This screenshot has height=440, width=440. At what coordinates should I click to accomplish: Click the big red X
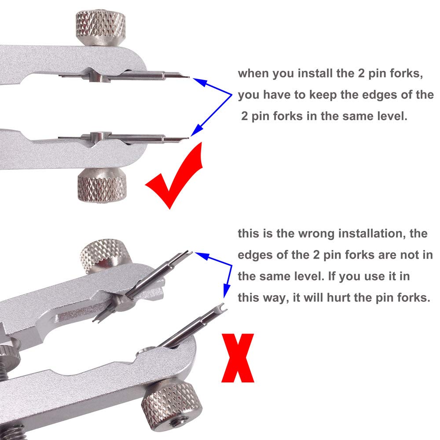(x=238, y=358)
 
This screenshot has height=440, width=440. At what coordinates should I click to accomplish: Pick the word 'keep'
(x=323, y=95)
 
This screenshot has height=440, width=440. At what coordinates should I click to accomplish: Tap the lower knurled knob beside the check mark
(x=102, y=185)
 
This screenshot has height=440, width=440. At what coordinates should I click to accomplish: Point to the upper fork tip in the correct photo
(x=188, y=77)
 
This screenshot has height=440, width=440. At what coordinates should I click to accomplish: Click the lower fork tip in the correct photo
(x=187, y=138)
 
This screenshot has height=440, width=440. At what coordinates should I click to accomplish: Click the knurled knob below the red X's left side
(x=172, y=403)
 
